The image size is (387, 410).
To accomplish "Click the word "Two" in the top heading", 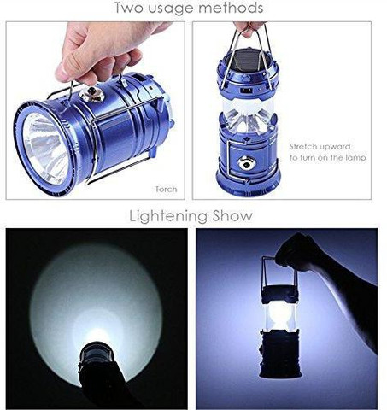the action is (129, 8).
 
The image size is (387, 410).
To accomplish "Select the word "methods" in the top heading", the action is (231, 8).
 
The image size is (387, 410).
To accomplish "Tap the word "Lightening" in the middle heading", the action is (168, 216).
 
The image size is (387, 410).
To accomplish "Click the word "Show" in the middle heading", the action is (232, 215).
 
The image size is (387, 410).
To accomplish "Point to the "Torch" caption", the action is (167, 189).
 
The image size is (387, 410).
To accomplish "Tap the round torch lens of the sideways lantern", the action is (47, 149).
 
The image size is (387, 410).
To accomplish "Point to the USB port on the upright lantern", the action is (245, 91).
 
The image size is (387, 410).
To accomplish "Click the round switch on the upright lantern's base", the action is (247, 163).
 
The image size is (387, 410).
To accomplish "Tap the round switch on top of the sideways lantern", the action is (91, 94).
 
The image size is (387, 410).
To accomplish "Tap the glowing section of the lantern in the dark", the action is (279, 317).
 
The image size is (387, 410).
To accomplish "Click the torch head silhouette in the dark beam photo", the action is (97, 354).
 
